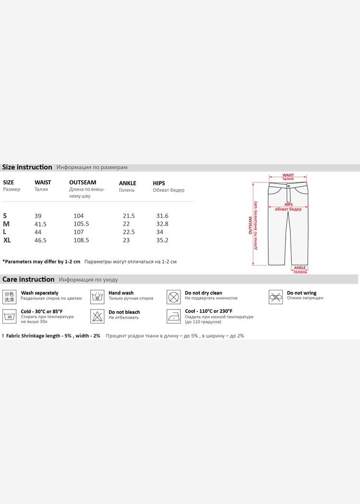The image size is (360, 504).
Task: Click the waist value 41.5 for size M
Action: point(40,224)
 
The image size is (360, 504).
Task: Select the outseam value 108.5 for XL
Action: point(81,240)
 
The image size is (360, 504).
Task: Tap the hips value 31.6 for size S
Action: point(162,216)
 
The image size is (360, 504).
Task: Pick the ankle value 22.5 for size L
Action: point(129,232)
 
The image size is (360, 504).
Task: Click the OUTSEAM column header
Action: point(83,182)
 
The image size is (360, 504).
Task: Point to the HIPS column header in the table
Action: point(159,183)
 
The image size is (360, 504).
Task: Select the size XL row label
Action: point(7,240)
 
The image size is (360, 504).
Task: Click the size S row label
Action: point(5,216)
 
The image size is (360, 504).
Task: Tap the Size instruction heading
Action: point(27,167)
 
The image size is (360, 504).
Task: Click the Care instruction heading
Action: point(28,279)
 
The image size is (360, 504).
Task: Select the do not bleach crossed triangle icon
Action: point(97,316)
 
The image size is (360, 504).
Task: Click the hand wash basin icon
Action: point(97,296)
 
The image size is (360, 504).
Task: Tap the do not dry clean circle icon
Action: point(174,296)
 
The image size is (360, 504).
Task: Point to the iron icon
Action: point(174,316)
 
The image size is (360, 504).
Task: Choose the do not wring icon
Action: point(276,297)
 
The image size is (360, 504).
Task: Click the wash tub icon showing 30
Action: point(10,316)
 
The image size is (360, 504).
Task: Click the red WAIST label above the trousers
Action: point(288,176)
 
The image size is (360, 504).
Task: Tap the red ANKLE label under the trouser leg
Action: point(300,268)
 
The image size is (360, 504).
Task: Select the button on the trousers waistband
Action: point(288,185)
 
